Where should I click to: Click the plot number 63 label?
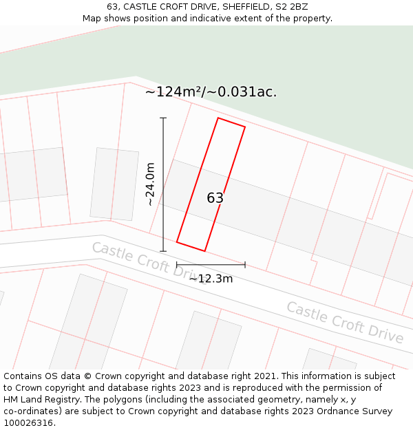click(215, 198)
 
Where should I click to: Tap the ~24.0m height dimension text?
click(150, 184)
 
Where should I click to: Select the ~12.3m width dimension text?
click(211, 279)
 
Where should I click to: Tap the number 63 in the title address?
click(112, 7)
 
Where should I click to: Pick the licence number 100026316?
click(30, 423)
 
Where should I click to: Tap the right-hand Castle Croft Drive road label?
click(345, 322)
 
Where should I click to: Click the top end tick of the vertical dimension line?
click(163, 118)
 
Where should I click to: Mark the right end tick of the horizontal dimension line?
click(245, 264)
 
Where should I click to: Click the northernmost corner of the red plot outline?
click(218, 118)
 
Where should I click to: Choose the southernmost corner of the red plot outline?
click(204, 251)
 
